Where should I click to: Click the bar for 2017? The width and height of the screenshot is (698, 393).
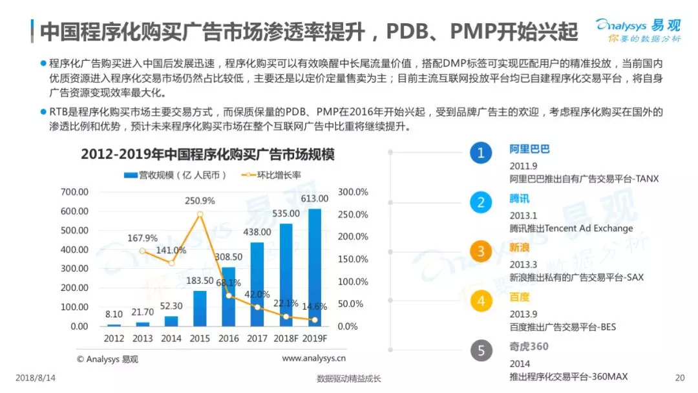[x=257, y=284]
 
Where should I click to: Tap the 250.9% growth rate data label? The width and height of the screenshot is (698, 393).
[x=200, y=201]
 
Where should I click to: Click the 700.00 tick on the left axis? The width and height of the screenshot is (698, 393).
[x=74, y=192]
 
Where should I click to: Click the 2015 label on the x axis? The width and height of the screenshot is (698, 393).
[x=200, y=338]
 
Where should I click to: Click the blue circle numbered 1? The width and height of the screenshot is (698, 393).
[x=480, y=153]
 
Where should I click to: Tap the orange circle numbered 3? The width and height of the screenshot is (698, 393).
[x=480, y=251]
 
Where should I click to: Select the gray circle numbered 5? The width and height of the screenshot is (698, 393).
[x=480, y=351]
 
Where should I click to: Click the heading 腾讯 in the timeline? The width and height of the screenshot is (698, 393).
[x=519, y=198]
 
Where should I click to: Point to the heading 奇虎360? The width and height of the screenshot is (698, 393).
[x=529, y=346]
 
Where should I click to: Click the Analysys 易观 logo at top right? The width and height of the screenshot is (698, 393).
[x=638, y=30]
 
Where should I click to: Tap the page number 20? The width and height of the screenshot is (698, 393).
[x=679, y=378]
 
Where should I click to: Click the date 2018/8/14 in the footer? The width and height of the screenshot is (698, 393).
[x=34, y=378]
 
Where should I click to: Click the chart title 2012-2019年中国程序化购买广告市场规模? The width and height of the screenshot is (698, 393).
[x=203, y=155]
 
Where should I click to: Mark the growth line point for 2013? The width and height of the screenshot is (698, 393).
[x=142, y=251]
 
